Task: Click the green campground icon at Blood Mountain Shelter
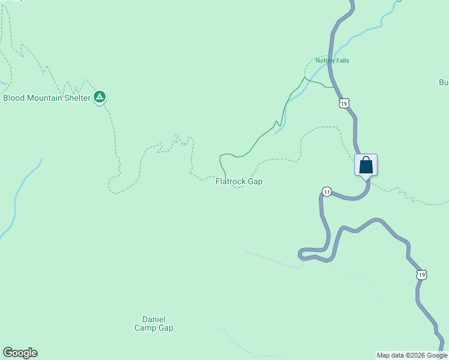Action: (x=100, y=97)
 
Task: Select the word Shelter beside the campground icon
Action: (x=77, y=98)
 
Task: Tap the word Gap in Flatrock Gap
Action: (x=255, y=181)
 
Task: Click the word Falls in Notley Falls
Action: (x=342, y=61)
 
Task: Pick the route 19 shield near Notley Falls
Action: (x=343, y=103)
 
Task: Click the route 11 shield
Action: (x=326, y=191)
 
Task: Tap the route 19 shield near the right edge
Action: (x=422, y=274)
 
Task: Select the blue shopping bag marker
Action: (x=366, y=165)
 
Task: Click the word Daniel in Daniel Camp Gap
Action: (x=154, y=319)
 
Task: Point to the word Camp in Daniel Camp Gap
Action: (x=145, y=328)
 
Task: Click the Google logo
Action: (x=20, y=353)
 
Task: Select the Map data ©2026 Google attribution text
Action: (x=412, y=355)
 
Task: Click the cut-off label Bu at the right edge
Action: (x=444, y=82)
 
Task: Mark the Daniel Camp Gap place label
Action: (x=154, y=324)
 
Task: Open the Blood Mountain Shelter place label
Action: (x=47, y=98)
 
